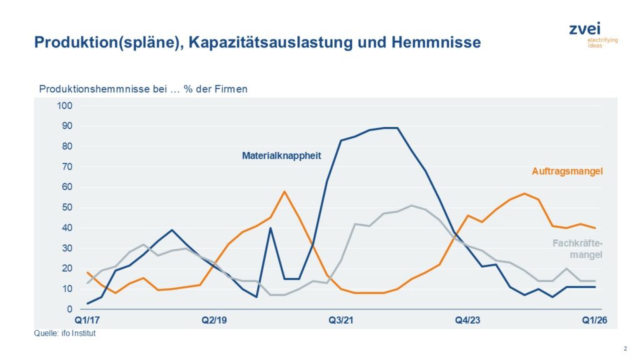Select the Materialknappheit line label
pyautogui.click(x=281, y=155)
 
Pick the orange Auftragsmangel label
pyautogui.click(x=567, y=171)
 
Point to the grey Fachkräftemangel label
pyautogui.click(x=577, y=249)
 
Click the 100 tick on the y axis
pyautogui.click(x=66, y=106)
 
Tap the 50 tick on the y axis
pyautogui.click(x=67, y=207)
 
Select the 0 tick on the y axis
pyautogui.click(x=70, y=309)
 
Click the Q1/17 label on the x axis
pyautogui.click(x=87, y=320)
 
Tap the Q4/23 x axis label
pyautogui.click(x=467, y=320)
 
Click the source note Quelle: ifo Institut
pyautogui.click(x=64, y=334)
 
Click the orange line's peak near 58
pyautogui.click(x=284, y=191)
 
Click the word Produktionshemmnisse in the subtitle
pyautogui.click(x=81, y=89)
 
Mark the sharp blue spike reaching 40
pyautogui.click(x=270, y=228)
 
